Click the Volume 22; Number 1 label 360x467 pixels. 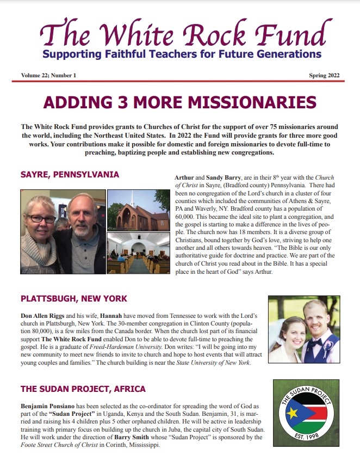[x=48, y=75]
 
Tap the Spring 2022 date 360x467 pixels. [x=325, y=75]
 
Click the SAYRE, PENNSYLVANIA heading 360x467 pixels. [x=70, y=175]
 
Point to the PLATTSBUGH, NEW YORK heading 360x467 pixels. [x=74, y=299]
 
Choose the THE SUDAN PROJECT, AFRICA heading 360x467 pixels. [x=83, y=389]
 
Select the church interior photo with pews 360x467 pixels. [x=138, y=253]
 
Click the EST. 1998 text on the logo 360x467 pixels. [x=308, y=450]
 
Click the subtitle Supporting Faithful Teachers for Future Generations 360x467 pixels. [x=182, y=54]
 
